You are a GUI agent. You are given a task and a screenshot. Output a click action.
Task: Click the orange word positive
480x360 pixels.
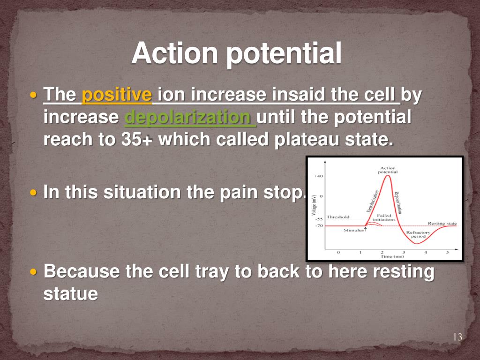(117, 95)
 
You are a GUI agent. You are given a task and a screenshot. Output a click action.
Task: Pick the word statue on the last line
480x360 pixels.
(71, 293)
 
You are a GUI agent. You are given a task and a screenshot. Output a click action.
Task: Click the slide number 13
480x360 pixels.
(457, 337)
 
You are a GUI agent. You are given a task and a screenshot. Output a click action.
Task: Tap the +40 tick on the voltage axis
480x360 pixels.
(318, 176)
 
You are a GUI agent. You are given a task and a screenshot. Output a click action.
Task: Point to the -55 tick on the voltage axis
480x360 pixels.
(319, 219)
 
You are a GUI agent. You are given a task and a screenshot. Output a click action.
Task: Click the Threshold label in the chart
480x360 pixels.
(338, 217)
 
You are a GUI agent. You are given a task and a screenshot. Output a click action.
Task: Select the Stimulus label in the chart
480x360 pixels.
(353, 230)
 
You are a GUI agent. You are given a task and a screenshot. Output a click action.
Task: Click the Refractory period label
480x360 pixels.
(418, 234)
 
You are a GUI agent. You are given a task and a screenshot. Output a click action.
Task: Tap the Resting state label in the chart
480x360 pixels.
(442, 224)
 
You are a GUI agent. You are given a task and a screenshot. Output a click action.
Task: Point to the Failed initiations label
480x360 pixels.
(384, 217)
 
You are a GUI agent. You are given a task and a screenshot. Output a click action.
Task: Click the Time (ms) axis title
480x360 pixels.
(392, 256)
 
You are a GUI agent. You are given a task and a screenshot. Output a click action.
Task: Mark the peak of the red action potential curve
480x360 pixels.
(388, 175)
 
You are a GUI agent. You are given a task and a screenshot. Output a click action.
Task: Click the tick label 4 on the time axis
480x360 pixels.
(426, 253)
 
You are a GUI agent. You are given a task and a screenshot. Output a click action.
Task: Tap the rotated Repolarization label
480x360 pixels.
(397, 202)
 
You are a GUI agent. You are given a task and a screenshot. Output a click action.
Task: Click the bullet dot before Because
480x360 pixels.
(34, 271)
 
